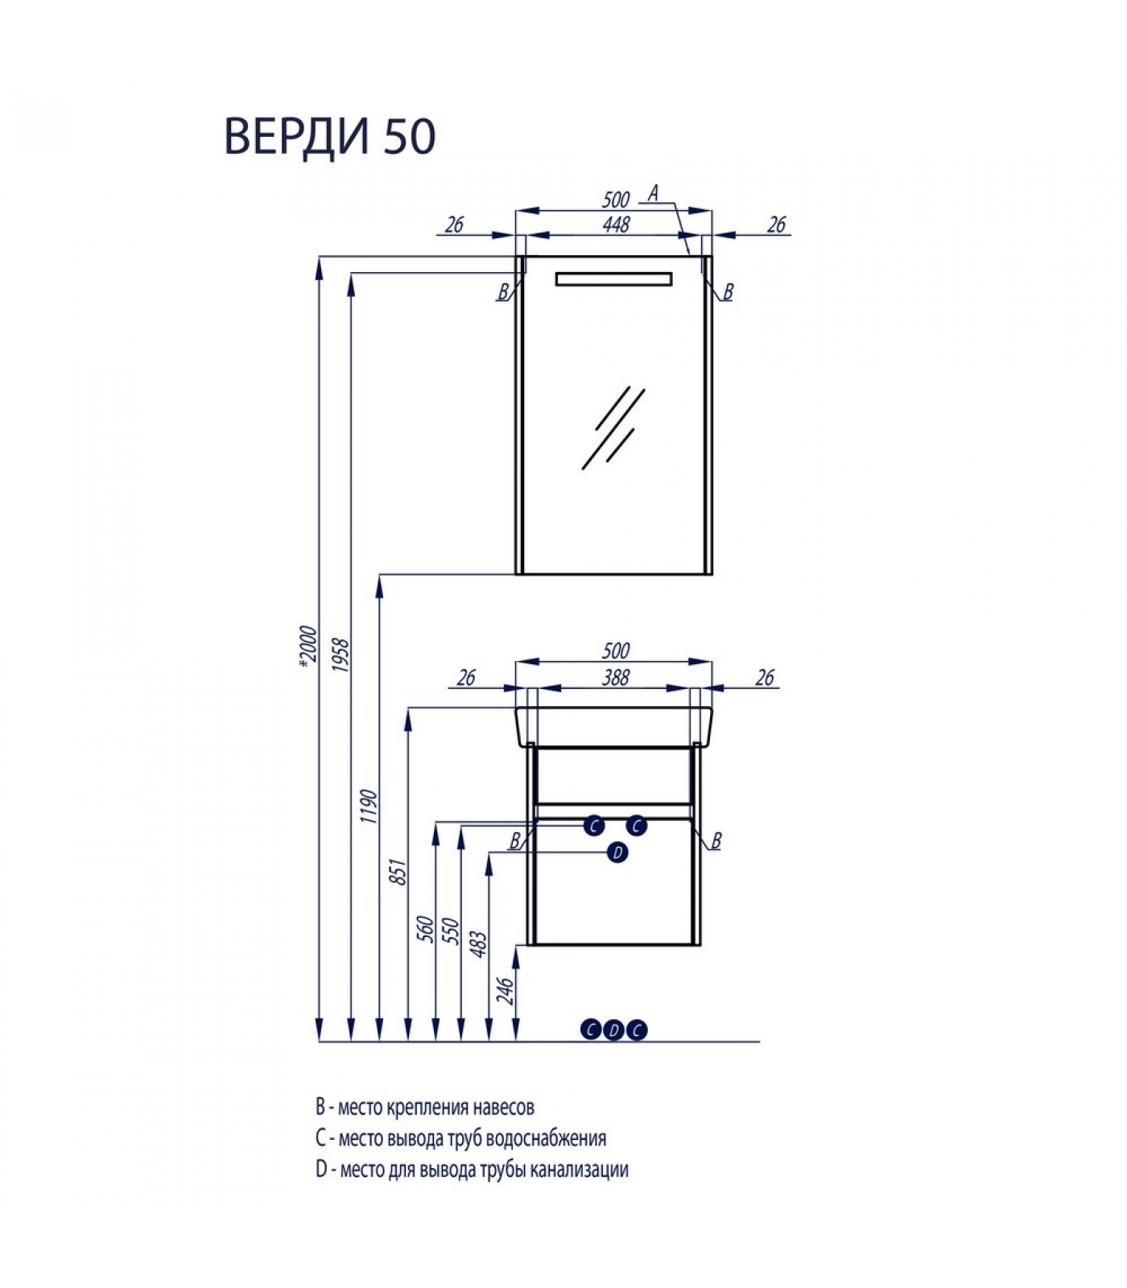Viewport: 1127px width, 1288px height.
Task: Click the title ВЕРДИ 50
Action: (x=330, y=136)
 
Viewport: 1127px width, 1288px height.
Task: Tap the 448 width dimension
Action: (x=616, y=225)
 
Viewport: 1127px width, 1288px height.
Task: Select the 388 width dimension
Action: (x=616, y=678)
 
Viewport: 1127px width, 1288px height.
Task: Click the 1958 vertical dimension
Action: (x=340, y=656)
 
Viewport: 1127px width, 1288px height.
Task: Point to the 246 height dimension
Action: (x=505, y=991)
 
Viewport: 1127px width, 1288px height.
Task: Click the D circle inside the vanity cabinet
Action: (x=617, y=852)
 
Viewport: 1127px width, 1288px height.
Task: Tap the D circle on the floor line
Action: (x=614, y=1030)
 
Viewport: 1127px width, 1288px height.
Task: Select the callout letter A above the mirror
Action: (x=654, y=193)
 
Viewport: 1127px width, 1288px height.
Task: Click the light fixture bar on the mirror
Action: (x=613, y=279)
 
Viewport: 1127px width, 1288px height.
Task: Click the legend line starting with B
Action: (x=425, y=1108)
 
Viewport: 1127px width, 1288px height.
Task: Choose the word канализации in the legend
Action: (x=580, y=1169)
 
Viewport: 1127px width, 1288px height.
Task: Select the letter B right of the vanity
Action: (x=716, y=841)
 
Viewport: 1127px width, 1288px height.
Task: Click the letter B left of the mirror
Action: (x=503, y=292)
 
